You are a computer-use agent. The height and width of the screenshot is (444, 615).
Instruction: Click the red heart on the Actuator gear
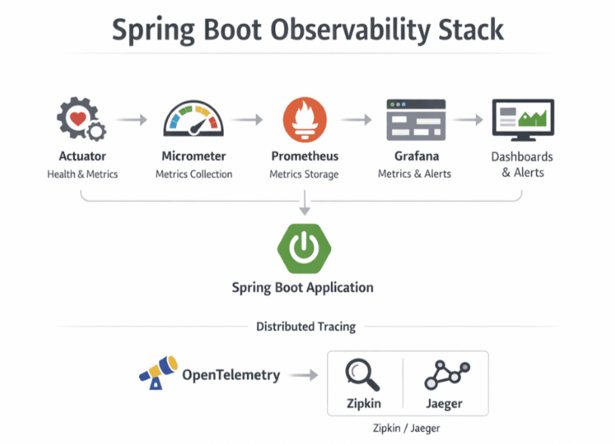tap(76, 117)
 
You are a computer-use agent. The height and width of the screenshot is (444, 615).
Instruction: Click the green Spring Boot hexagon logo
tap(303, 247)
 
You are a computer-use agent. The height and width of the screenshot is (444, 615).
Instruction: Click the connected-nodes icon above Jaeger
tap(447, 373)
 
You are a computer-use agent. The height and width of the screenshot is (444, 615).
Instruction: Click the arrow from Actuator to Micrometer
tap(133, 119)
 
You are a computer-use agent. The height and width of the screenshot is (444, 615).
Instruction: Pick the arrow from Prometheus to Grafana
tap(355, 119)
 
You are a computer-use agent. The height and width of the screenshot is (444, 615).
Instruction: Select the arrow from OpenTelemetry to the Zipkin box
tap(304, 375)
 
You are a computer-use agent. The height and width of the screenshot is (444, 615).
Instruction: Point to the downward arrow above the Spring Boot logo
tap(303, 202)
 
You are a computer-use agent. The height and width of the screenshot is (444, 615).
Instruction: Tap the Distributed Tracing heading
tap(305, 327)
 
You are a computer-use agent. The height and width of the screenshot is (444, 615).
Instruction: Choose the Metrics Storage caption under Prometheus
tap(304, 174)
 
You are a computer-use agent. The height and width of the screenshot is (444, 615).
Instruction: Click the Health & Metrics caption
tap(82, 174)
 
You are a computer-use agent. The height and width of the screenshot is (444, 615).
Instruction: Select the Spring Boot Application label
tap(302, 287)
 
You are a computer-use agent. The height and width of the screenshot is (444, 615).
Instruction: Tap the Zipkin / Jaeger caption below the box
tap(406, 428)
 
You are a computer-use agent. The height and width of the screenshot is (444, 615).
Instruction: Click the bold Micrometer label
tap(193, 156)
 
